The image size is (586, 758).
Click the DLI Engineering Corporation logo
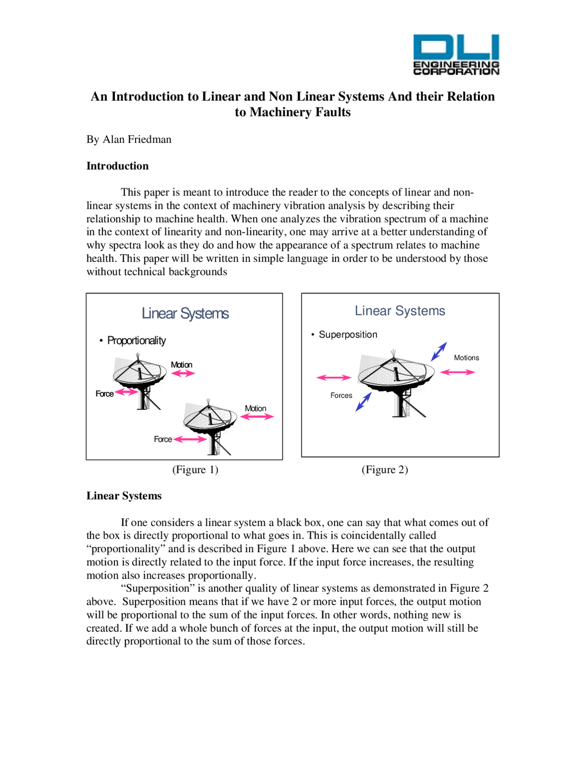(x=456, y=54)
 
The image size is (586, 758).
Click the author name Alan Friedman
(x=137, y=139)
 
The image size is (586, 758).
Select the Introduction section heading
(x=118, y=166)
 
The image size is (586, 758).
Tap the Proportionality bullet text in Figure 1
(x=136, y=341)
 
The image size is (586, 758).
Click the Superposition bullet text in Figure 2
(x=348, y=335)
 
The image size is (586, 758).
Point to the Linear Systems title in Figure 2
(x=400, y=311)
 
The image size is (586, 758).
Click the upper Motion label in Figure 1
(x=181, y=365)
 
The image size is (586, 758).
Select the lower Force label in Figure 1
(x=163, y=439)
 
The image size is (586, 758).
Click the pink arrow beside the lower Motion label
(x=257, y=417)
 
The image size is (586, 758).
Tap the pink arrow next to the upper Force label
(x=126, y=392)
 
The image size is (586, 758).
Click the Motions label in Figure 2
(x=466, y=358)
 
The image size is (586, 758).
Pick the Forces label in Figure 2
(x=341, y=395)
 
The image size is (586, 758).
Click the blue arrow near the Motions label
(x=439, y=352)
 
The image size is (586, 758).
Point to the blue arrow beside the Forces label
(x=364, y=401)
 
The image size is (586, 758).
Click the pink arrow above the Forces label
(x=334, y=378)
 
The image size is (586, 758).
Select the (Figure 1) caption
(x=195, y=470)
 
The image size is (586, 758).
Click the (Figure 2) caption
(x=385, y=470)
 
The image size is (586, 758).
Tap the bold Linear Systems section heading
(x=124, y=496)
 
